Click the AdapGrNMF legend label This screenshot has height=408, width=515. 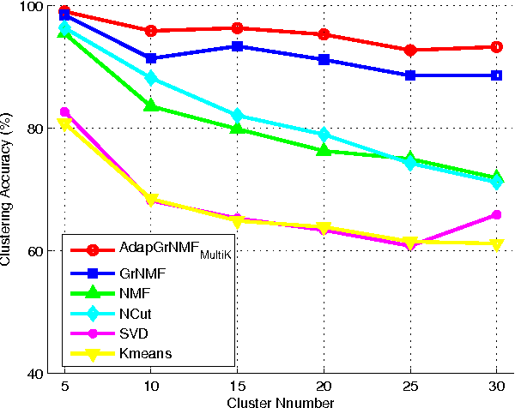tap(166, 250)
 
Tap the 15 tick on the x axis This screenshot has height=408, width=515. tap(237, 386)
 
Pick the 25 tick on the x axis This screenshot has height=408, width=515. tap(409, 386)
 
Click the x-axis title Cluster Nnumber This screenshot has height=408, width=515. tap(280, 400)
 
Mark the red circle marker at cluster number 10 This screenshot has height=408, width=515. tap(151, 31)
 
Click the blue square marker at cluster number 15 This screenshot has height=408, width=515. tap(237, 46)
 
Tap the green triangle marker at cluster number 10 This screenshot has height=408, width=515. tap(151, 105)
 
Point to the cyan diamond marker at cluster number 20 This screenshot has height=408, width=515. tap(324, 135)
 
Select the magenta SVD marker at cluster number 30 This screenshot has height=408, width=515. tap(496, 214)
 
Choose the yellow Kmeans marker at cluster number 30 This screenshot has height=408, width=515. tap(496, 244)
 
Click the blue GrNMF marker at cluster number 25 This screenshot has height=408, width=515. tap(409, 75)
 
